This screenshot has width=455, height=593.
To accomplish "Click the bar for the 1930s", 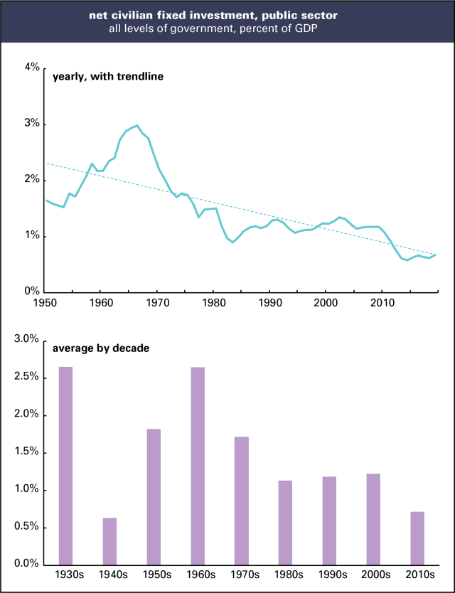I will coord(65,466).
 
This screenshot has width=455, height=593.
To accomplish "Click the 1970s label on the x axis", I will coord(241,575).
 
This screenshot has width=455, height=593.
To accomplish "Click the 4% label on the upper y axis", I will coord(31,68).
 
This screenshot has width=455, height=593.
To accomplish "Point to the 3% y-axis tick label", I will coord(31,124).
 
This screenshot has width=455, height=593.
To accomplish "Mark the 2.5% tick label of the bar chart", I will coord(26,378).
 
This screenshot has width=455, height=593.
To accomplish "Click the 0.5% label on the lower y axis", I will coord(26,528).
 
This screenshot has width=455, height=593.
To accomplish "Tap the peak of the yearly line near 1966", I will coord(136,126).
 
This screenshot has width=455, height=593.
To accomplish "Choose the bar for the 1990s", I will coord(328,520).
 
